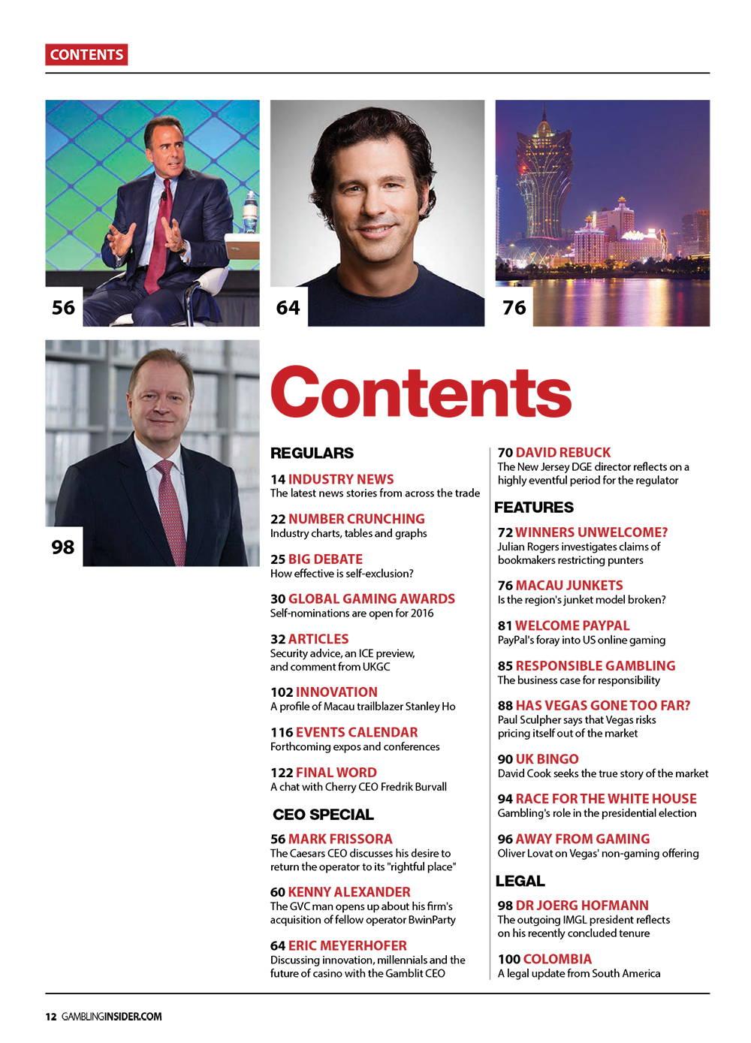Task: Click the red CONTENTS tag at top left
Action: (x=86, y=55)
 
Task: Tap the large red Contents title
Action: (x=421, y=390)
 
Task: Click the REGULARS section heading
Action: (x=312, y=454)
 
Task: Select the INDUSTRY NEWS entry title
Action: (x=341, y=479)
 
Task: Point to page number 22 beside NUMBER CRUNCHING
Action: (x=277, y=519)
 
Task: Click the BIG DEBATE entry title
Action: (x=325, y=559)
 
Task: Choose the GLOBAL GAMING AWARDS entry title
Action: (x=371, y=599)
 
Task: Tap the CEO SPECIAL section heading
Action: (x=323, y=815)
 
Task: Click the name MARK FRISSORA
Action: (x=340, y=839)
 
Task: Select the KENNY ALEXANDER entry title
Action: (x=349, y=892)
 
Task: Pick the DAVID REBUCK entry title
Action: (x=563, y=453)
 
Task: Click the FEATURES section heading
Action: (x=534, y=508)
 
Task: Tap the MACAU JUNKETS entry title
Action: (x=569, y=585)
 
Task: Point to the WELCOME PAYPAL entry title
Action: (x=572, y=625)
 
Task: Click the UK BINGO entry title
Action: (x=547, y=759)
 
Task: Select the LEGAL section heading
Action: (x=520, y=881)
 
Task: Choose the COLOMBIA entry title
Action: (x=557, y=959)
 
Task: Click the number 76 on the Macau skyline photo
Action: (x=514, y=307)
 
